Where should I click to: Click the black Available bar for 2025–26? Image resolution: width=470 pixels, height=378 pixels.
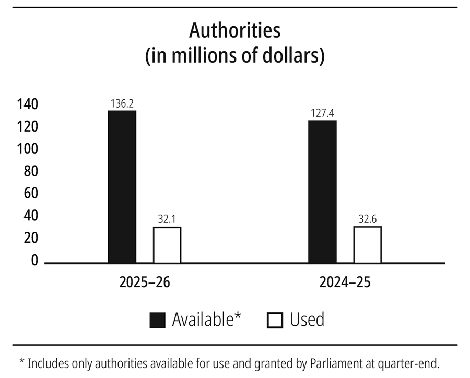[122, 186]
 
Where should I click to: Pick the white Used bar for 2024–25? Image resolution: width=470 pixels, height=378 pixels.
[367, 244]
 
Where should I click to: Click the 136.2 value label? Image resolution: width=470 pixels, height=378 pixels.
[122, 103]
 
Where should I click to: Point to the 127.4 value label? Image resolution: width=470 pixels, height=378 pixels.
[322, 113]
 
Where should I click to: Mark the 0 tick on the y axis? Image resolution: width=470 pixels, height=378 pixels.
[34, 260]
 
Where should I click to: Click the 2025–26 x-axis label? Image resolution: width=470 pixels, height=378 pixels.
[145, 282]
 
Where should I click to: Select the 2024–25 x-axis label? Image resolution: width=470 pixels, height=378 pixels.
[345, 282]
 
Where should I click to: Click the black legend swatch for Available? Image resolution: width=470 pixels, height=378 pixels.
[157, 320]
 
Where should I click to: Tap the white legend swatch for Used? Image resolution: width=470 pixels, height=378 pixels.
[275, 320]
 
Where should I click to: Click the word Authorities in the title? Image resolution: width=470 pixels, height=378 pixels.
[234, 31]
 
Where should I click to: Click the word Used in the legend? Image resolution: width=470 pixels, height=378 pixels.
[307, 320]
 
